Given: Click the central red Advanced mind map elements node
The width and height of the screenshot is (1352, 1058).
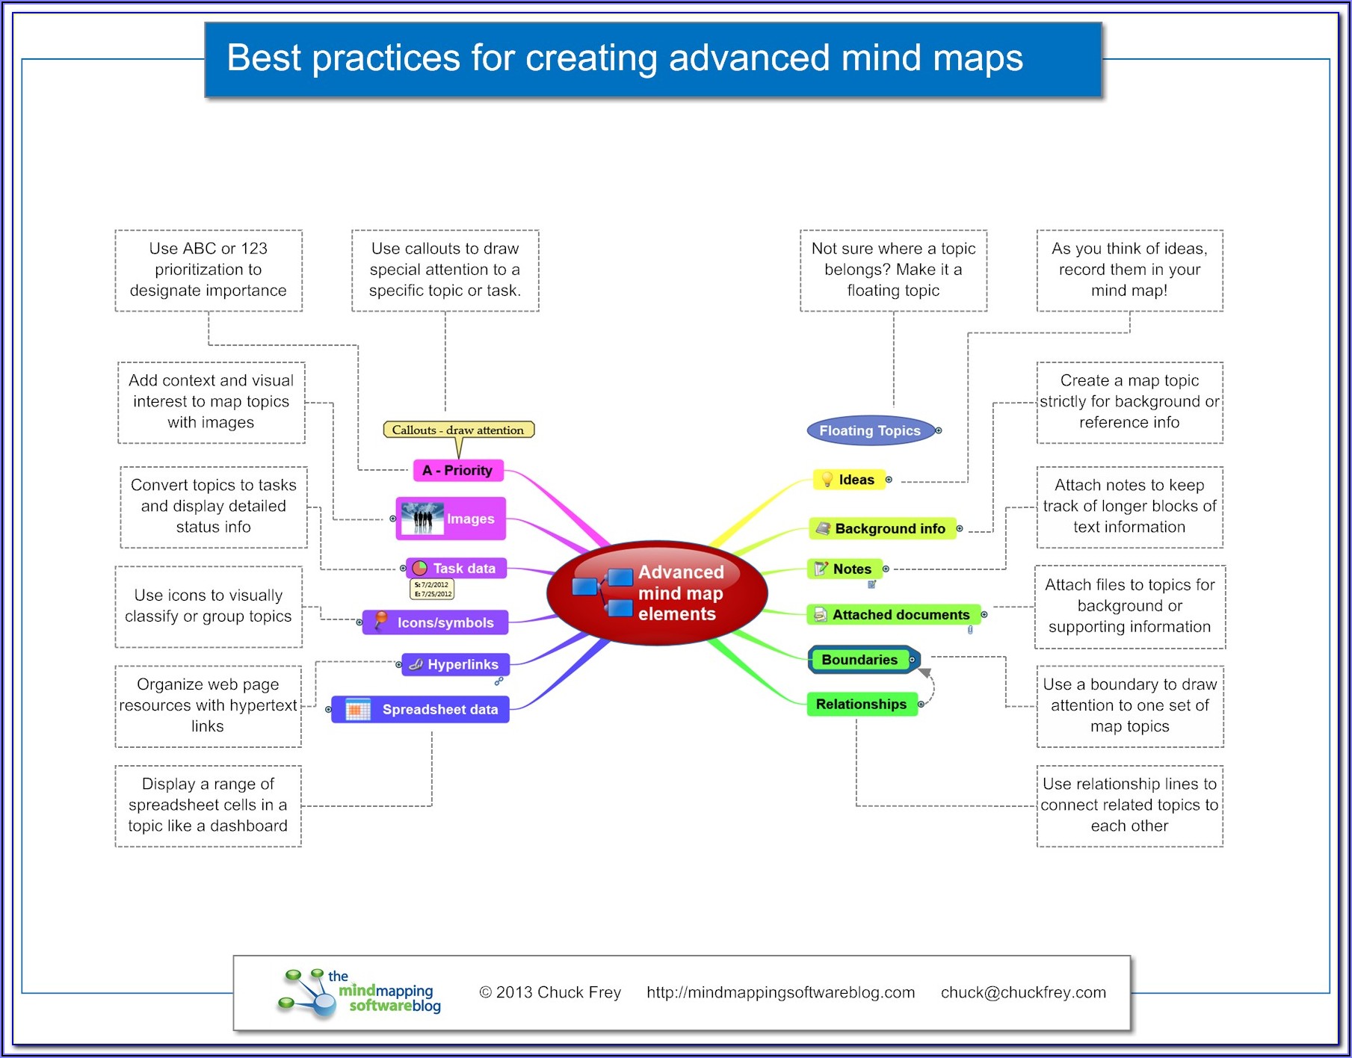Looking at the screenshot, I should pos(658,593).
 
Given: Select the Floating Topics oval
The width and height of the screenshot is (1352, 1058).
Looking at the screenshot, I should pos(870,430).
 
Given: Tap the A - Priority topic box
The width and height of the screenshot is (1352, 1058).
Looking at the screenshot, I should pos(458,471).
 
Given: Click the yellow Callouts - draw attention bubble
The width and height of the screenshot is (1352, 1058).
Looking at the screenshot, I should pos(458,430).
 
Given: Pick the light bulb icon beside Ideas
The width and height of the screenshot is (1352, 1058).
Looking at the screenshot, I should pos(827,480).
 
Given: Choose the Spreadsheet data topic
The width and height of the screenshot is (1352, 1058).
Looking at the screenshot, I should pos(421,709).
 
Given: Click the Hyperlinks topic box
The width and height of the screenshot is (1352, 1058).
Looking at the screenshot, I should pos(456,664).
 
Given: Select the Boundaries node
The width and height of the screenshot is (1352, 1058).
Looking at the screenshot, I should pos(860,660).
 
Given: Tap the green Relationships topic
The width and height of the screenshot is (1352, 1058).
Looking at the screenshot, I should pos(861,704).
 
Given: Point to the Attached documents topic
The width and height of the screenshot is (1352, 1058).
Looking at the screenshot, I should pos(894,615).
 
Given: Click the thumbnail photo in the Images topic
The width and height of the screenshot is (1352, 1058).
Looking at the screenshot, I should pos(422,518).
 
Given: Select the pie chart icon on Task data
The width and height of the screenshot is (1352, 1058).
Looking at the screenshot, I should pos(420,569).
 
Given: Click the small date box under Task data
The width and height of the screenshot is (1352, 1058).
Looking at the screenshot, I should pos(433,590).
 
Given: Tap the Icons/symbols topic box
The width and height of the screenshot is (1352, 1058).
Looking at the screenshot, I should pos(436,622).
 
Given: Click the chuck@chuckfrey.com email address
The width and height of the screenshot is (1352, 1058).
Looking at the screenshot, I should pos(1023,992).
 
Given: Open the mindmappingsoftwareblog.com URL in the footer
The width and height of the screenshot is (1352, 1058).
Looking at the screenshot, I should pos(780,992).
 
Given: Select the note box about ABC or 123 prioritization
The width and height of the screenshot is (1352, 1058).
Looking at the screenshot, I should pos(209,270).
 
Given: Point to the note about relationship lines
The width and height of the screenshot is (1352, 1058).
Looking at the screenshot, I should pos(1129,805).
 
